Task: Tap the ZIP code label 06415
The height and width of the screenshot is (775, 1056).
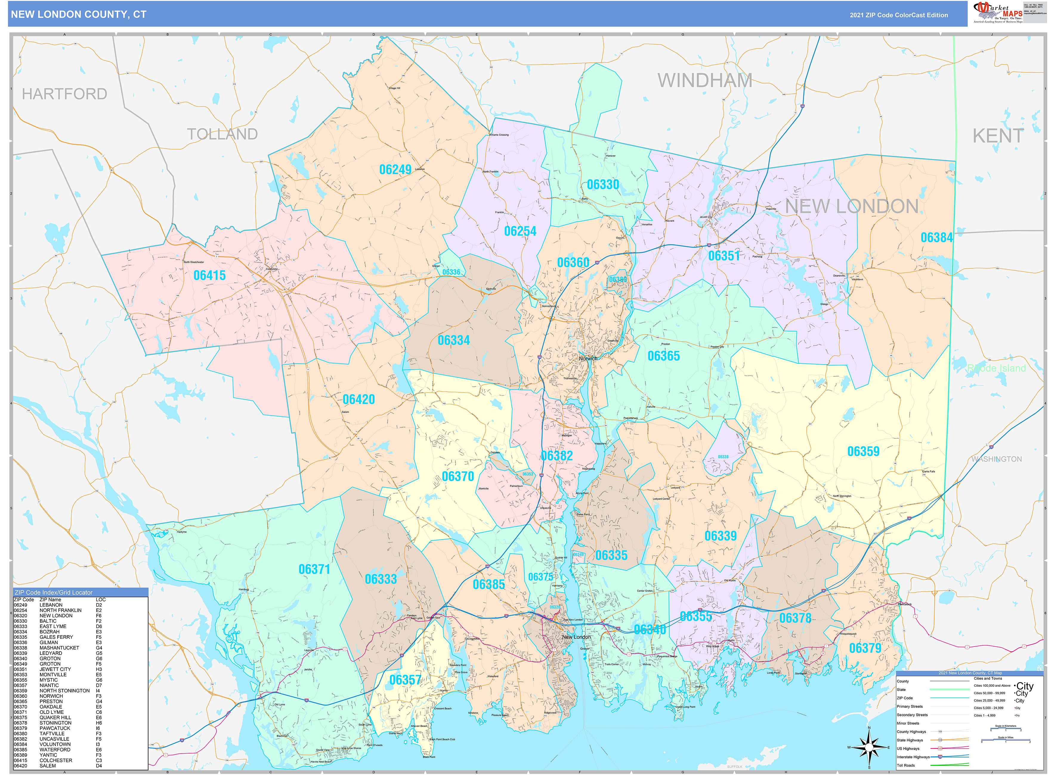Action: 209,275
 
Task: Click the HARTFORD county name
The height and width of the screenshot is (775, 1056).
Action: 64,94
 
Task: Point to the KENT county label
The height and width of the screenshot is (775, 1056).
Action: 998,136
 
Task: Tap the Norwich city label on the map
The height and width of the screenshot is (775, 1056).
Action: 588,358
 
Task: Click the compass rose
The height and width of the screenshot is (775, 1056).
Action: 869,747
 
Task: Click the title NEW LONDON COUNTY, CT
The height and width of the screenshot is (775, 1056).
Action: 78,15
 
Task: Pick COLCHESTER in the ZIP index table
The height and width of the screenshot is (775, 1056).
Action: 56,760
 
